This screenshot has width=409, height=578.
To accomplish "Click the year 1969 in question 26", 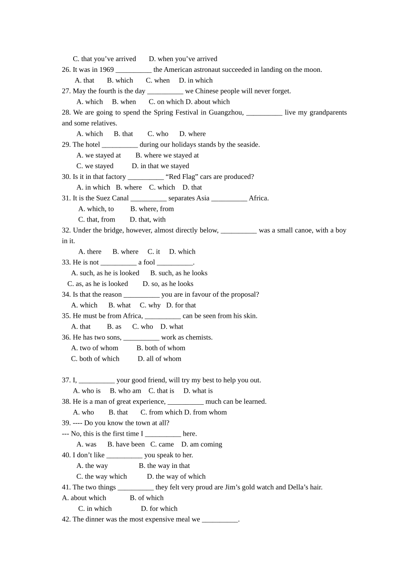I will coord(106,70).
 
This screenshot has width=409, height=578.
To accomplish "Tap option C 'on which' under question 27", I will coord(166,102).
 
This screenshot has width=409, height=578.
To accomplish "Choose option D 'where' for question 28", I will coord(192,134).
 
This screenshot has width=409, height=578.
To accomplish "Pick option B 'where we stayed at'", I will coord(167,155).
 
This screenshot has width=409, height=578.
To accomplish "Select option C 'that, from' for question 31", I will coord(97,220).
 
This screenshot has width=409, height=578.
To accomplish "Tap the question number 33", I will coord(66,262).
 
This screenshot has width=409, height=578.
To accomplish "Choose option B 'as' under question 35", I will coord(114,327).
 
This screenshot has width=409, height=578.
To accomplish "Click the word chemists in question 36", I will coord(199,338).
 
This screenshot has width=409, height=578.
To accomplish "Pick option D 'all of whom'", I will coord(159,359).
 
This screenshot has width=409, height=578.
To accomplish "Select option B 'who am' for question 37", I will coord(125,391).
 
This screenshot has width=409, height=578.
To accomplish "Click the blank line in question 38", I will coord(185,402).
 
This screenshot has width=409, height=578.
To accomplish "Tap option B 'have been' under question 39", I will coord(126,445).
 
